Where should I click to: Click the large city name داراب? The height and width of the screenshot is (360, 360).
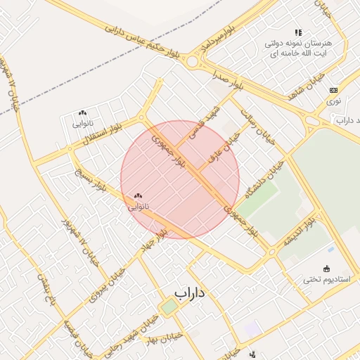189,292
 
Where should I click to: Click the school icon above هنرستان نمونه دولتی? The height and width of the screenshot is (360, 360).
298,32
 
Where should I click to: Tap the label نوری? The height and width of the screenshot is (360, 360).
333,101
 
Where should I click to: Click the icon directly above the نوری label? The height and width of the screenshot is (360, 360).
333,90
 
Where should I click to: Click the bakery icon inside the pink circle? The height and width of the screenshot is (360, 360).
136,196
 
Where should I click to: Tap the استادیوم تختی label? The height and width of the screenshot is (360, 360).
326,278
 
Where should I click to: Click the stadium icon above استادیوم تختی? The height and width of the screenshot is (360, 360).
326,268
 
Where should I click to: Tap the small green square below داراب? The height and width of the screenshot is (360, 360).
169,307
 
